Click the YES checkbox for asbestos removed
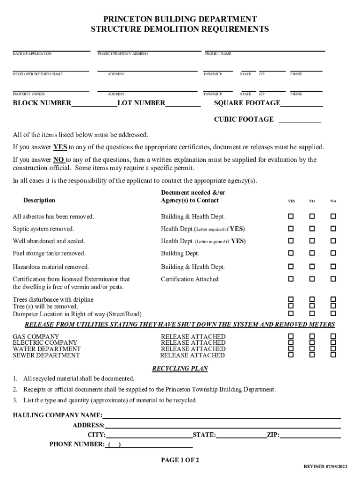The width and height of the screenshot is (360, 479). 291,217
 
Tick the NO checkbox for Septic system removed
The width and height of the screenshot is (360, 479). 312,229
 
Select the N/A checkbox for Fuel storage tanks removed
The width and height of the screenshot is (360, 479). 333,253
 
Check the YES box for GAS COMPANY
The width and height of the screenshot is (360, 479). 291,336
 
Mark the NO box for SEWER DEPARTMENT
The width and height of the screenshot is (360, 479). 312,355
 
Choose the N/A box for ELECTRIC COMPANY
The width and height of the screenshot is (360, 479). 333,342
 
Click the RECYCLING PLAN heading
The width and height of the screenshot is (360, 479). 180,369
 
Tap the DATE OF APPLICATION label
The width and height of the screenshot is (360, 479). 32,54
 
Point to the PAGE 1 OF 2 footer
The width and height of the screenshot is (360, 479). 180,460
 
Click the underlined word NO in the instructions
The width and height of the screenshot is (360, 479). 58,160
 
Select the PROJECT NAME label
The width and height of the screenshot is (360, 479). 218,54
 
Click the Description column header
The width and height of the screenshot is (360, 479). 39,200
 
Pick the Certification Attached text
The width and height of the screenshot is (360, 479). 189,279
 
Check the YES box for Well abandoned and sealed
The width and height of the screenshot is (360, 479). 291,241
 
